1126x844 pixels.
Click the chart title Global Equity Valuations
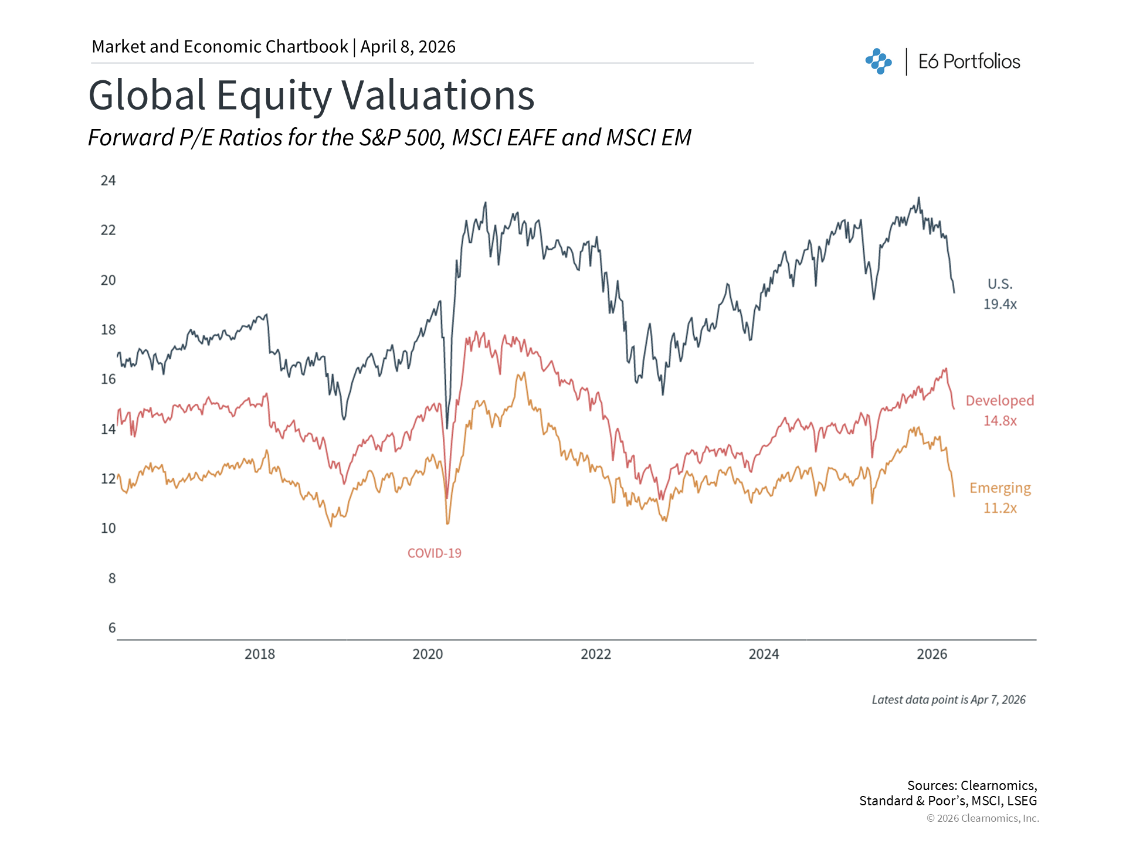pyautogui.click(x=311, y=96)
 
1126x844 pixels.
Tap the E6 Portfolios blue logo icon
pyautogui.click(x=879, y=62)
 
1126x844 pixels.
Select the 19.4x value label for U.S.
pyautogui.click(x=1000, y=304)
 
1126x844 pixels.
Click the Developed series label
pyautogui.click(x=1000, y=400)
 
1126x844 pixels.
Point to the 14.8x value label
pyautogui.click(x=1000, y=421)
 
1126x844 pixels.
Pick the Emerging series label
pyautogui.click(x=1000, y=488)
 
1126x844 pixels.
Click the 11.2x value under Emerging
pyautogui.click(x=1000, y=508)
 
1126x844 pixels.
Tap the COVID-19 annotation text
pyautogui.click(x=435, y=553)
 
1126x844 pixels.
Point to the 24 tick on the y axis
pyautogui.click(x=108, y=181)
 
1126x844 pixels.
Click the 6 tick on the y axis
pyautogui.click(x=112, y=628)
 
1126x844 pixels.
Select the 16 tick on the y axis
pyautogui.click(x=108, y=379)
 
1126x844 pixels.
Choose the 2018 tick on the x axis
pyautogui.click(x=260, y=654)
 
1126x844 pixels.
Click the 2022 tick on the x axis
pyautogui.click(x=596, y=654)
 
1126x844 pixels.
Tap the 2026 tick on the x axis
pyautogui.click(x=932, y=654)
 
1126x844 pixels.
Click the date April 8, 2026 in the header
pyautogui.click(x=408, y=47)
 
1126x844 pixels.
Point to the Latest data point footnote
pyautogui.click(x=948, y=700)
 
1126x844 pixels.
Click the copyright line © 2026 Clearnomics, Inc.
pyautogui.click(x=982, y=818)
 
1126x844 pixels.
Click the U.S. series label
pyautogui.click(x=1000, y=284)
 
